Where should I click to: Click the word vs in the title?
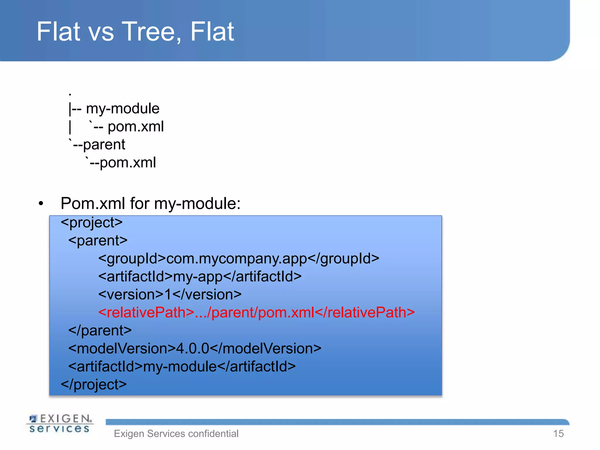(x=101, y=32)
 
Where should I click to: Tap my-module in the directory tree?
(x=122, y=109)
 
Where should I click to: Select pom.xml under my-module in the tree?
(x=136, y=127)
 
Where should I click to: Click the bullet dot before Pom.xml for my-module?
(x=41, y=203)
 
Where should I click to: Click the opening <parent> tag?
(x=98, y=241)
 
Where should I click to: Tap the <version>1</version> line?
(x=170, y=294)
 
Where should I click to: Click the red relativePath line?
(x=256, y=312)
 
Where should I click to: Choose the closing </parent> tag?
(x=100, y=330)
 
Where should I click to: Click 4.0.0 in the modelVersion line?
(x=192, y=349)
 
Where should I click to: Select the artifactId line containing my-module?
(x=182, y=367)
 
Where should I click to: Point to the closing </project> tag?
(x=94, y=384)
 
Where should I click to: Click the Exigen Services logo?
(x=60, y=423)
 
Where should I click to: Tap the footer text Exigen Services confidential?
(x=176, y=434)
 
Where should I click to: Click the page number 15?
(x=558, y=434)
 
